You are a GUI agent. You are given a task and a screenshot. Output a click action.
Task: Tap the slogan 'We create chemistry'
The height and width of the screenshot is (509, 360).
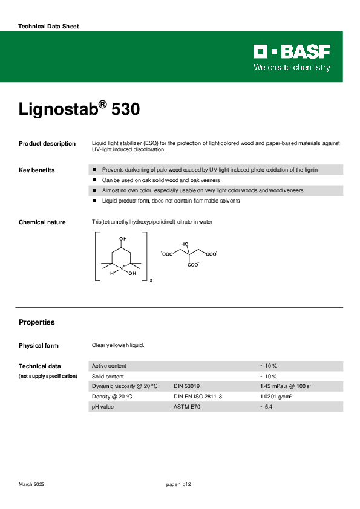pyautogui.click(x=292, y=67)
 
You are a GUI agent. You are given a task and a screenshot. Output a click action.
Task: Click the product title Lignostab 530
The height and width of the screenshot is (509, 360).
pyautogui.click(x=79, y=109)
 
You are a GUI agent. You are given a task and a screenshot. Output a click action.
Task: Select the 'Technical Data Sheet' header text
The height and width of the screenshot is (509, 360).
pyautogui.click(x=48, y=27)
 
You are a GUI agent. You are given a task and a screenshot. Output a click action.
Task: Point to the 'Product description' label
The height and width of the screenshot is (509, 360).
pyautogui.click(x=47, y=144)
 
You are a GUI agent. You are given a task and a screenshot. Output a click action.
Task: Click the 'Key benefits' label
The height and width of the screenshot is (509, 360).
pyautogui.click(x=37, y=170)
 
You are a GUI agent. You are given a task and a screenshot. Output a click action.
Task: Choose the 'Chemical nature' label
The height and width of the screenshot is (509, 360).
pyautogui.click(x=42, y=222)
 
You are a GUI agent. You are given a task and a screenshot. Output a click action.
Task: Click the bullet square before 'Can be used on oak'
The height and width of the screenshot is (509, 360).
pyautogui.click(x=94, y=180)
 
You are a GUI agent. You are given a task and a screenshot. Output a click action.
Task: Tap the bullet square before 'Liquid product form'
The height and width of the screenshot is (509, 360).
pyautogui.click(x=94, y=201)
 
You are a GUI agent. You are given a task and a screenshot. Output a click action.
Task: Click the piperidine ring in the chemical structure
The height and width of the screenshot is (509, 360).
pyautogui.click(x=123, y=256)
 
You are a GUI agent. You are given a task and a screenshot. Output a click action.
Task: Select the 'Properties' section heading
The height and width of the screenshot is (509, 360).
pyautogui.click(x=37, y=322)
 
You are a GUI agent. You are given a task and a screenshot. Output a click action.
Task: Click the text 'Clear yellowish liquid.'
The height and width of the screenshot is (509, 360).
pyautogui.click(x=118, y=345)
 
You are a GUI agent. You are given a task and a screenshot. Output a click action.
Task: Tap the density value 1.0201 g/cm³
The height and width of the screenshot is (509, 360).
pyautogui.click(x=277, y=397)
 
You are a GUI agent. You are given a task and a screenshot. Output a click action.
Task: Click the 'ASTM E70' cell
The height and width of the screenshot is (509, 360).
pyautogui.click(x=186, y=407)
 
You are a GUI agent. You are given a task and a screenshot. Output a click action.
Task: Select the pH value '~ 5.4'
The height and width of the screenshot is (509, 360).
pyautogui.click(x=267, y=407)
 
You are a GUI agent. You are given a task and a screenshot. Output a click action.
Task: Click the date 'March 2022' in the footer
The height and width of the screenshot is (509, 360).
pyautogui.click(x=31, y=484)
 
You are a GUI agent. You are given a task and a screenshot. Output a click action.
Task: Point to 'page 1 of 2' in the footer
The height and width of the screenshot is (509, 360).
pyautogui.click(x=179, y=484)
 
